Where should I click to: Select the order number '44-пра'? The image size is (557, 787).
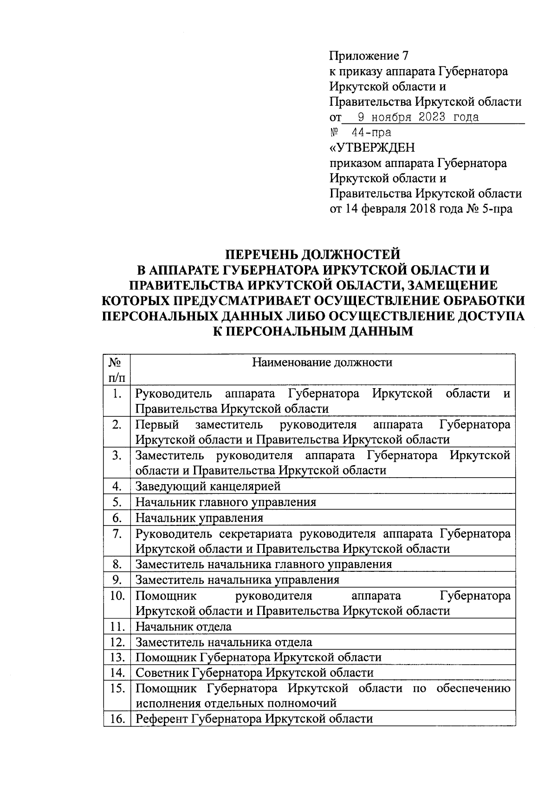coord(371,133)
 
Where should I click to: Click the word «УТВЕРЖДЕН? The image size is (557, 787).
coord(372,148)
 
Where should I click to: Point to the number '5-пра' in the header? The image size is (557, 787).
coord(498,209)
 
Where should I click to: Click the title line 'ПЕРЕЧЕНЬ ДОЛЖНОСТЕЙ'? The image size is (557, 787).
coord(312,254)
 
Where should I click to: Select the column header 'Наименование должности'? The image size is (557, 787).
coord(322,362)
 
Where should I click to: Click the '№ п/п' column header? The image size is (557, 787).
coord(117,369)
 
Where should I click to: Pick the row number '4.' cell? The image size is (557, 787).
coord(117,486)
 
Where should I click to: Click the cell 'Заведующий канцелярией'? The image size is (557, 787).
coord(208,486)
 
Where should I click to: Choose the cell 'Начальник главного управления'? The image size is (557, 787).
coord(226,502)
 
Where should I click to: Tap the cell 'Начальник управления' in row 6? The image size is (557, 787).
coord(199,518)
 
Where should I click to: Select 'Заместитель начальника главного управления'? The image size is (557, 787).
coord(264,564)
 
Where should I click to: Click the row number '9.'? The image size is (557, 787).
coord(117,580)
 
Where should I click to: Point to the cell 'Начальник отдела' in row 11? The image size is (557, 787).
coord(183,627)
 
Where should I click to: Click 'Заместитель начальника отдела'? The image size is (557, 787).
coord(224,642)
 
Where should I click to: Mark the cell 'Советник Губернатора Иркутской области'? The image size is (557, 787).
coord(254,673)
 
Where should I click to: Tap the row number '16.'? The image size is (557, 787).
coord(117,719)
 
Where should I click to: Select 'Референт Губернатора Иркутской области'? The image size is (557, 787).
coord(254,719)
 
